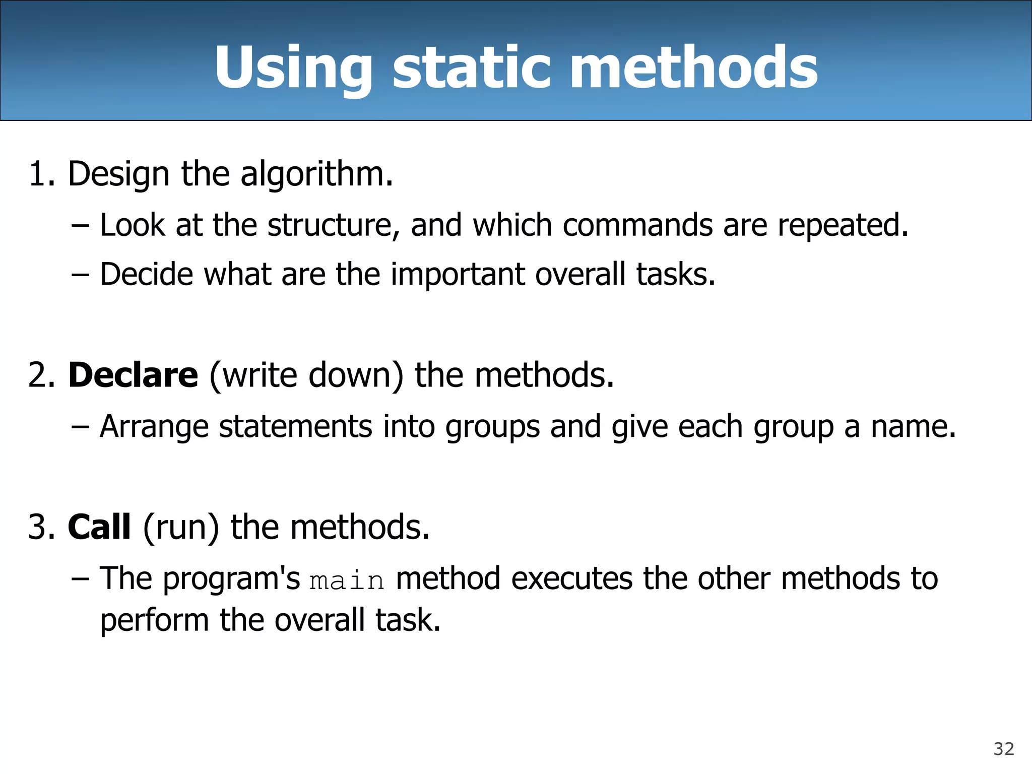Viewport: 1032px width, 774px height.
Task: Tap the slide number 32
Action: (1003, 749)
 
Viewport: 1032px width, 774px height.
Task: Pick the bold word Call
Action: (99, 527)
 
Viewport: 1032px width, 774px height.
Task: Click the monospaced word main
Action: (347, 580)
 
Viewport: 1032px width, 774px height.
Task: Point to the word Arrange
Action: (154, 427)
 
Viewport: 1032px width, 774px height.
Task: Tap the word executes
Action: (571, 578)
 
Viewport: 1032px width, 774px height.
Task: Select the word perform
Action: (154, 621)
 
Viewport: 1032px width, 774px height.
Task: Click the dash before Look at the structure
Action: (80, 225)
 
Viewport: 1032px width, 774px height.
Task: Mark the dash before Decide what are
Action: (80, 275)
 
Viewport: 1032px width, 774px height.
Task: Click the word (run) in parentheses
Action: (181, 528)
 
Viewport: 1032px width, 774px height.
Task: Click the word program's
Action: (231, 579)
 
